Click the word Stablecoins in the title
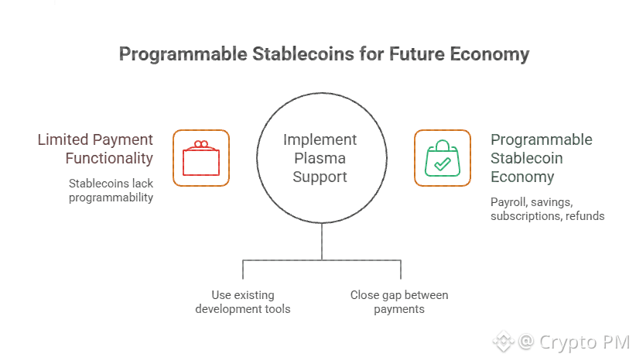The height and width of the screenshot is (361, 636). point(303,54)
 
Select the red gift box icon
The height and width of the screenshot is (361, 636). point(201,158)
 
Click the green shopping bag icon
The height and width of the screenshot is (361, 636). point(443,158)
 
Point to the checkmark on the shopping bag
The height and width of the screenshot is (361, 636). point(442,163)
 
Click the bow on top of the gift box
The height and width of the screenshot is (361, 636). point(200,145)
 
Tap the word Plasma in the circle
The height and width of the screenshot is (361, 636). point(320,158)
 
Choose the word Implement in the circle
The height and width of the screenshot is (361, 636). point(320,139)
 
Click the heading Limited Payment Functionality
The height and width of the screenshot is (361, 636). point(95,149)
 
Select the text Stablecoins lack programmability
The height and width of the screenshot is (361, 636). point(111,191)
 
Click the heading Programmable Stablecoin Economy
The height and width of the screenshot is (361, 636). point(541,158)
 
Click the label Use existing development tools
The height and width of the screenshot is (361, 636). point(243,302)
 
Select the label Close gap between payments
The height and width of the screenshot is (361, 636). point(399,302)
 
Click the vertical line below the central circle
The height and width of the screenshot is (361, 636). point(322,242)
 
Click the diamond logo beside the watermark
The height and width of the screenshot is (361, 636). point(504,342)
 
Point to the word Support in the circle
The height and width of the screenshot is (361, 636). point(320,177)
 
